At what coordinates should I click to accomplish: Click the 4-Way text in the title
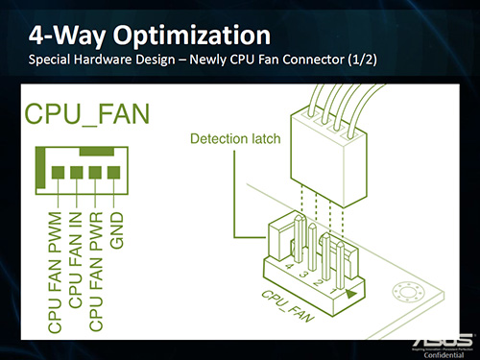coord(65,36)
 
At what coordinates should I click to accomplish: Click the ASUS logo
coord(443,341)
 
